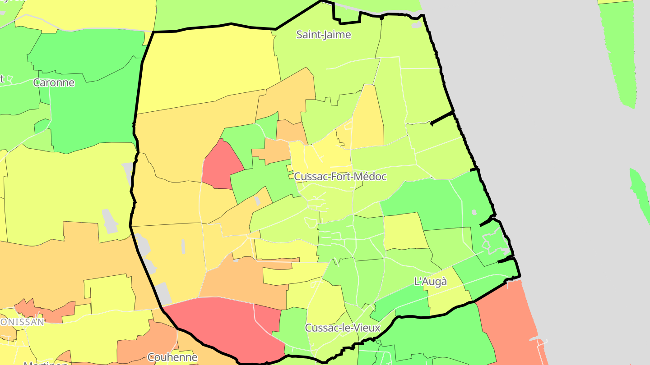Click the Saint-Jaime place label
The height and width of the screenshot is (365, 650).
[323, 35]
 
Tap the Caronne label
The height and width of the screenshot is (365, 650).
[54, 82]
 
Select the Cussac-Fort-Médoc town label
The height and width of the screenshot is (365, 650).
[340, 177]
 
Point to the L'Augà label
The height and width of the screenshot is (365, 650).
[431, 282]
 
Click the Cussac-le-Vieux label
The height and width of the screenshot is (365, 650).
[343, 328]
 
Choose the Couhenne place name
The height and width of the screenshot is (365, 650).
[172, 357]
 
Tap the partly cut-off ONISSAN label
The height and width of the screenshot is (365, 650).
[23, 322]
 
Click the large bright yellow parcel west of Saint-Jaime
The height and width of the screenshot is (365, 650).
[208, 68]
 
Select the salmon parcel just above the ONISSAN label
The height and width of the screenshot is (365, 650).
[45, 311]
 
